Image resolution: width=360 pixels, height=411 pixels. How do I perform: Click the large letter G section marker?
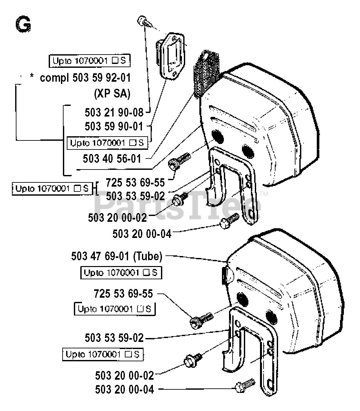pos(23,24)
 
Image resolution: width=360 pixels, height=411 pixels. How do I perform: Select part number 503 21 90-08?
pos(114,112)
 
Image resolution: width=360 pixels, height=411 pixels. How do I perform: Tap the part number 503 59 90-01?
pos(114,126)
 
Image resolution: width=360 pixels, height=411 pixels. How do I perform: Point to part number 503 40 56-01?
pos(112,159)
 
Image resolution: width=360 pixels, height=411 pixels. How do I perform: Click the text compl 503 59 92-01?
pos(85,78)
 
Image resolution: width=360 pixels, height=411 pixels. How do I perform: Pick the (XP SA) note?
pos(112,94)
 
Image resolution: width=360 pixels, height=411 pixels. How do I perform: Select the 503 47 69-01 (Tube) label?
pos(117,256)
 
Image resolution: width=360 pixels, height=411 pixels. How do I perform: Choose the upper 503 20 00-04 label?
pos(142,234)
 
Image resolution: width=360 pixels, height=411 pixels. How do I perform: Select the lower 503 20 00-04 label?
pos(125,389)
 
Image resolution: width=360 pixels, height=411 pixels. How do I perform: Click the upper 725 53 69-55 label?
pos(135,182)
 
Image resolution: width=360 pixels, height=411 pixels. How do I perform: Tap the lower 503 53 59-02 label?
pos(114,338)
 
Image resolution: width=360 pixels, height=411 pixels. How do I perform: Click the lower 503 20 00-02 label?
pos(125,376)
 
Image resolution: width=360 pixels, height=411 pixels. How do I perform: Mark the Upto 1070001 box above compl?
pos(90,61)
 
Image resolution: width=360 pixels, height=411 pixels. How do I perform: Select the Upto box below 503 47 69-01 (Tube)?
pos(121,272)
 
